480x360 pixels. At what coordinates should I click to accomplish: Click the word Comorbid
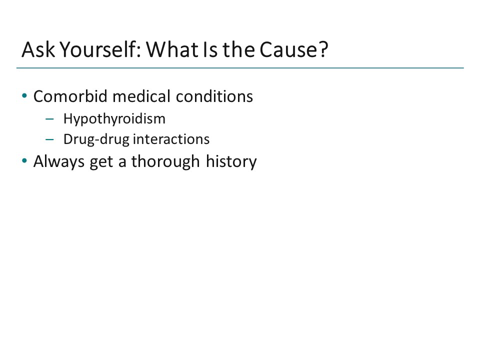pyautogui.click(x=66, y=96)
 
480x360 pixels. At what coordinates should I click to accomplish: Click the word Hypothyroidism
pyautogui.click(x=114, y=119)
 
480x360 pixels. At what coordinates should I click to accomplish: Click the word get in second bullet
pyautogui.click(x=101, y=162)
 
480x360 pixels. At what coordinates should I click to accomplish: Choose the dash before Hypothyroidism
pyautogui.click(x=48, y=119)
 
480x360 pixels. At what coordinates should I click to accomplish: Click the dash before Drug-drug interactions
pyautogui.click(x=48, y=139)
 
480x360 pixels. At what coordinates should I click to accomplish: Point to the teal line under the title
pyautogui.click(x=240, y=67)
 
